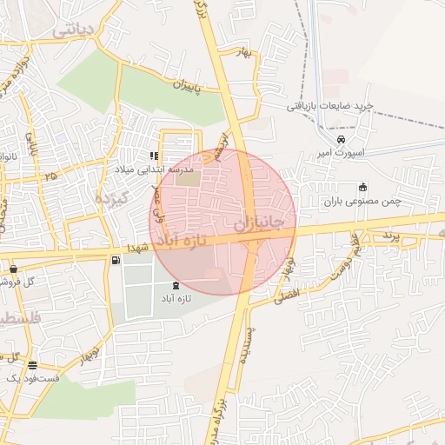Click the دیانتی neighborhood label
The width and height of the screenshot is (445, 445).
73,29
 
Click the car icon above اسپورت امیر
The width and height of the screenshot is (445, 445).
342,139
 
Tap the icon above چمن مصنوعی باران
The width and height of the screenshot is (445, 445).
362,187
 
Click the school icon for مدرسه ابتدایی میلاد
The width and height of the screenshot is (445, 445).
154,156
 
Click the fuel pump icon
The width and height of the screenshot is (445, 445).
116,260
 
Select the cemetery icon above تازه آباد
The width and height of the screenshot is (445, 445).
176,285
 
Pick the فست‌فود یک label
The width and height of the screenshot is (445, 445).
32,378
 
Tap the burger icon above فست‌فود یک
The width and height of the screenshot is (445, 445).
33,365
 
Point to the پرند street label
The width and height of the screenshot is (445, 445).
389,236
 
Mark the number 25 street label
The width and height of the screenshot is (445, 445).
51,176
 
